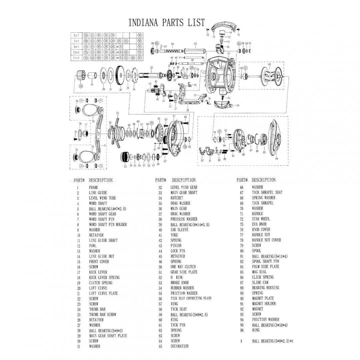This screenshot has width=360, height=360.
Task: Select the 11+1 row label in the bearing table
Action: coord(76,58)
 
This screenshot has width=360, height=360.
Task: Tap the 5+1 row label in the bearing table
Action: coord(76,35)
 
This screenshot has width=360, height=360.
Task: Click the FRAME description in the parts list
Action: coord(93,187)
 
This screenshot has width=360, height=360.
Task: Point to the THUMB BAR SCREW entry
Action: coord(102,314)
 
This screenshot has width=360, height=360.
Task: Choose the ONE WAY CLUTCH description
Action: coord(183,267)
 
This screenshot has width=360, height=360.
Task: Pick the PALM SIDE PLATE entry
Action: coord(265,266)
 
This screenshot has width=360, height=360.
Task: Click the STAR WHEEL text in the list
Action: coord(261,219)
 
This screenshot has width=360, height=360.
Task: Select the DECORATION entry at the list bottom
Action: coord(179,346)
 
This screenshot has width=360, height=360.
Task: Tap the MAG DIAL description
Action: coord(259,272)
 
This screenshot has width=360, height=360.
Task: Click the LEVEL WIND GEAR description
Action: coord(184,187)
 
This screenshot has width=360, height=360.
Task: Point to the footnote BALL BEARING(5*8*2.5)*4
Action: coord(272,341)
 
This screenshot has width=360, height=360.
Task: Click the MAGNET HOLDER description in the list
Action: coord(264,304)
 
